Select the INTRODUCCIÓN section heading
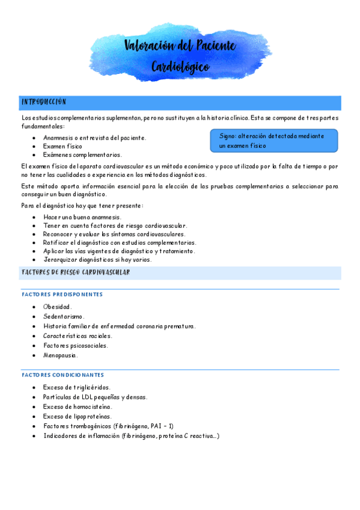tap(44, 102)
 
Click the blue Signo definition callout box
tap(273, 141)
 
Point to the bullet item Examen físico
tap(63, 146)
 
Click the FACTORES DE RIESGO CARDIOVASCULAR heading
tap(76, 273)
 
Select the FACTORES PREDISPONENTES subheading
tap(62, 295)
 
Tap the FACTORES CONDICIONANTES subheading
tap(63, 375)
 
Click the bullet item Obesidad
tap(58, 307)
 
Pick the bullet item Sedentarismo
tap(64, 316)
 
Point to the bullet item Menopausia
tap(61, 355)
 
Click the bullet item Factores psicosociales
tap(76, 346)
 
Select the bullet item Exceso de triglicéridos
tap(77, 388)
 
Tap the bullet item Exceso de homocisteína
tap(78, 407)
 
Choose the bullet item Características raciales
tap(78, 336)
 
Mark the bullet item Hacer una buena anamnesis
tap(82, 217)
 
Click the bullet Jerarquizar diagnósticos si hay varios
tap(97, 260)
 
